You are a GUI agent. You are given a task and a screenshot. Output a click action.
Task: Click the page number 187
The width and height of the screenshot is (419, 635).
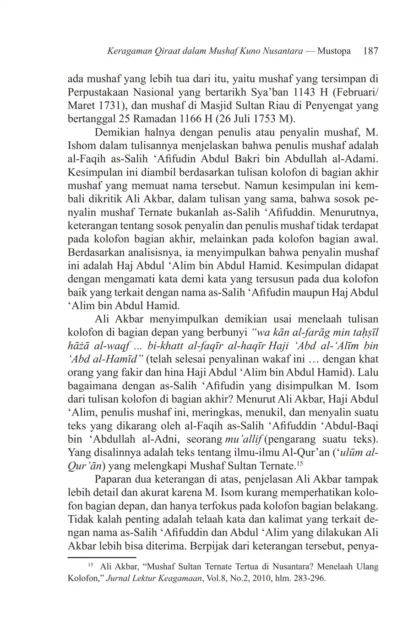[x=370, y=51]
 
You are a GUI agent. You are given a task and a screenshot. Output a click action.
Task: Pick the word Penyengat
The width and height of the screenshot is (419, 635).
[x=320, y=107]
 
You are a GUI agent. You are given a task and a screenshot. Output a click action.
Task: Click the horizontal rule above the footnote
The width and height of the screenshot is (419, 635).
[x=102, y=558]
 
